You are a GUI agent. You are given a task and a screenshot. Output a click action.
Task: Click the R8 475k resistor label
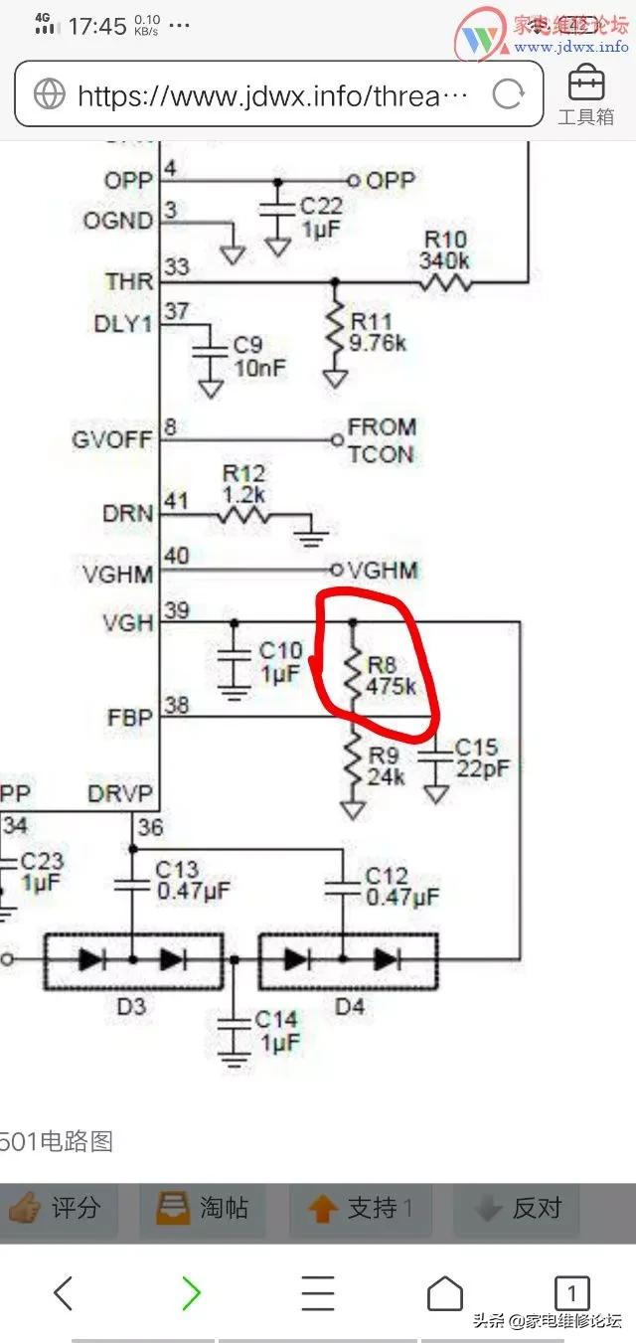pyautogui.click(x=391, y=676)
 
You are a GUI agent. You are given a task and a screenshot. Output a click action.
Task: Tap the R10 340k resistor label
pyautogui.click(x=445, y=251)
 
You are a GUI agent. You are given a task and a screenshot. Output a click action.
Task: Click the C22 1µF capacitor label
pyautogui.click(x=321, y=216)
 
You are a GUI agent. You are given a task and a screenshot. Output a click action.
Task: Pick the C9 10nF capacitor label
pyautogui.click(x=259, y=356)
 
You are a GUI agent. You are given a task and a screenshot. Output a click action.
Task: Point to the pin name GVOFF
pyautogui.click(x=111, y=438)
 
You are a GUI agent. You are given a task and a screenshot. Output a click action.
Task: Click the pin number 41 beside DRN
pyautogui.click(x=176, y=502)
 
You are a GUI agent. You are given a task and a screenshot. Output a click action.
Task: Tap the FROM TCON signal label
pyautogui.click(x=381, y=440)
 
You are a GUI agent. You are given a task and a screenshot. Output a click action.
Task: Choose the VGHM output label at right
pyautogui.click(x=383, y=570)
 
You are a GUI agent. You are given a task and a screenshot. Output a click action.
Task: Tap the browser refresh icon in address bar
pyautogui.click(x=508, y=94)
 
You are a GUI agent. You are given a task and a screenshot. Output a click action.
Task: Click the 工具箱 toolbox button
pyautogui.click(x=585, y=96)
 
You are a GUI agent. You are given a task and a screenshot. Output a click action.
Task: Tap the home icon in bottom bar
pyautogui.click(x=445, y=1293)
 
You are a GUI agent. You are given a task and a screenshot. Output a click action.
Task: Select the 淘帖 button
pyautogui.click(x=203, y=1208)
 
